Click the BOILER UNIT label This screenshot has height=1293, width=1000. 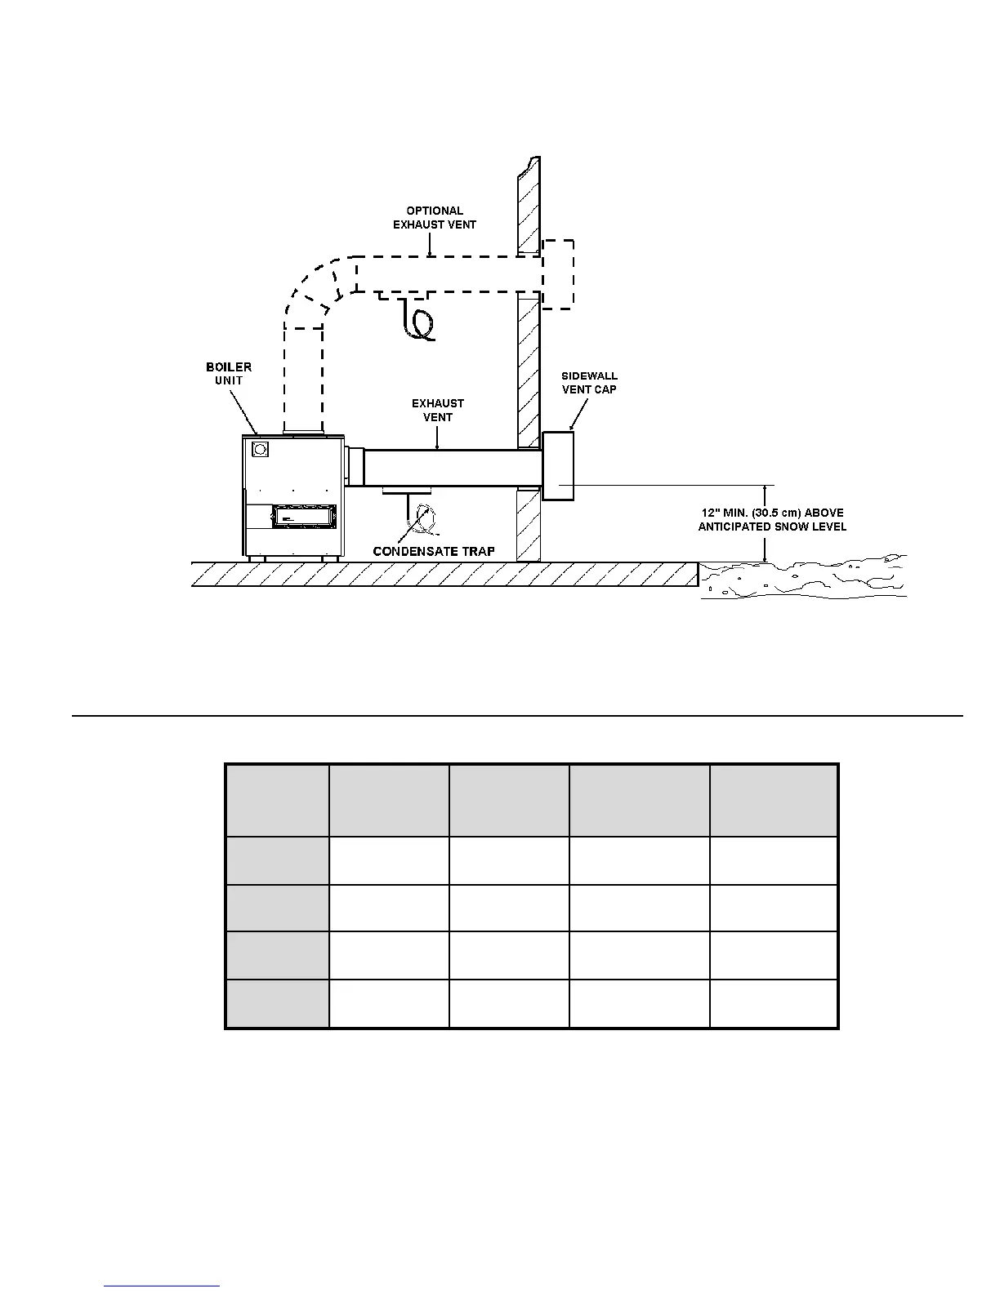coord(229,374)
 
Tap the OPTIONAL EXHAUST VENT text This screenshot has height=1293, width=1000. coord(435,218)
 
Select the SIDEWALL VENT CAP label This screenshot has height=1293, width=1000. coord(589,383)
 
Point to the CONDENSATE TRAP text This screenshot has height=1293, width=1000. coord(434,551)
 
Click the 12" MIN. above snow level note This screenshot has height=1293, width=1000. coord(772,520)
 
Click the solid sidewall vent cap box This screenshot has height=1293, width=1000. coord(559,465)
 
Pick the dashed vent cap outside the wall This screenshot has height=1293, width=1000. coord(558,274)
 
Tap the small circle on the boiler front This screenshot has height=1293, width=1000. coord(261,449)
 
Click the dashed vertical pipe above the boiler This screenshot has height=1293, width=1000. coord(303,375)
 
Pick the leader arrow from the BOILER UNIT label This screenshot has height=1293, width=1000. coord(243,411)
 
